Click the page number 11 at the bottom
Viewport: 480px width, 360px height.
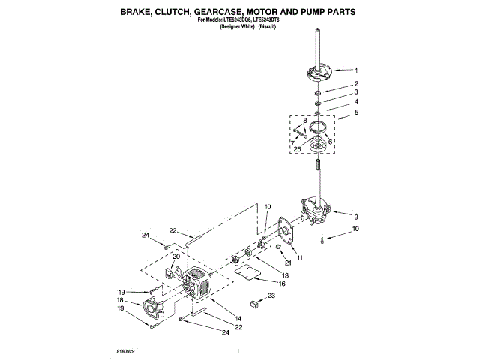240,350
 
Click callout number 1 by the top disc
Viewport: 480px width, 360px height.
356,71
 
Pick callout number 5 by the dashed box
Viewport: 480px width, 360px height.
357,113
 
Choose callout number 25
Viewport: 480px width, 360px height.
299,150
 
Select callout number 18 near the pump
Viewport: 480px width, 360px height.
120,299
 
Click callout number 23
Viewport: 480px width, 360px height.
271,297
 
